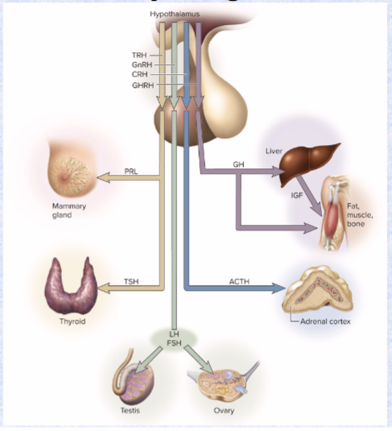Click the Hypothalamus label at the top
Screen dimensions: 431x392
click(x=174, y=15)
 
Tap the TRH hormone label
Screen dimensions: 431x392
click(x=139, y=55)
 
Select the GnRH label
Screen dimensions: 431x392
click(x=141, y=64)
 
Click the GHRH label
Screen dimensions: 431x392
click(x=142, y=85)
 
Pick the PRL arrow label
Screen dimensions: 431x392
click(x=131, y=171)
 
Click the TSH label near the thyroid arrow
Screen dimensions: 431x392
click(x=131, y=281)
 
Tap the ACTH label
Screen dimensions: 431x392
click(x=239, y=281)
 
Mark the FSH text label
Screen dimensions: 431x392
click(x=174, y=342)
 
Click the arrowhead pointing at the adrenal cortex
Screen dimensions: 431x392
click(x=283, y=288)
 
